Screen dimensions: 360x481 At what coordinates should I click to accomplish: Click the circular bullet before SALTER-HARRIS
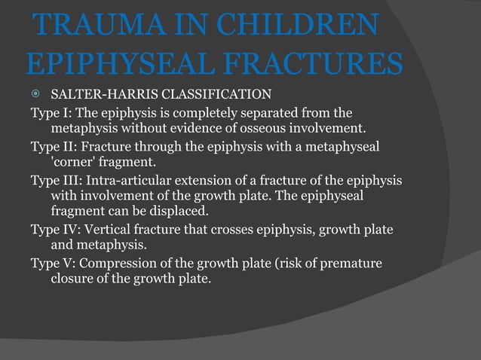click(35, 96)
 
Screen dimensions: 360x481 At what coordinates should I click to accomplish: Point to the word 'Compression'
click(115, 263)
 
